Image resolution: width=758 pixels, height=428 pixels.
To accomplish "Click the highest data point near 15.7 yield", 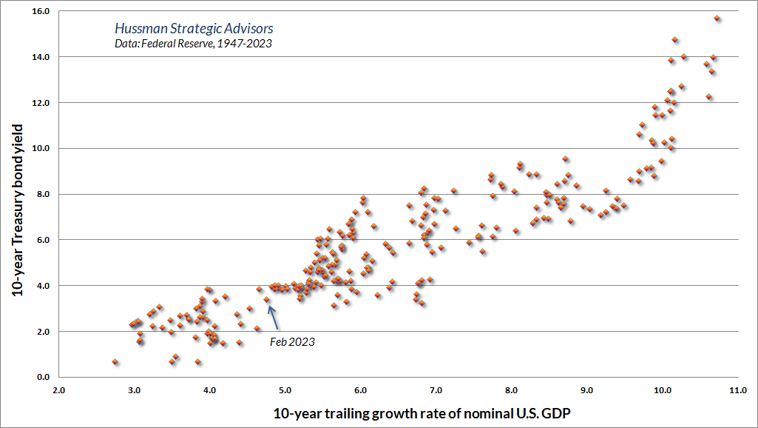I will click(x=717, y=19).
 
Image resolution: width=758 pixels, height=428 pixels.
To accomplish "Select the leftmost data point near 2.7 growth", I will click(x=115, y=361).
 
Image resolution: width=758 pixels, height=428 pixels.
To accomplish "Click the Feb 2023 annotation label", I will click(x=293, y=341).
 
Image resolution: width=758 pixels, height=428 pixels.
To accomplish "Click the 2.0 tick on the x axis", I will click(x=58, y=389).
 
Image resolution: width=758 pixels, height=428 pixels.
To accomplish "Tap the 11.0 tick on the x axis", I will click(x=737, y=389).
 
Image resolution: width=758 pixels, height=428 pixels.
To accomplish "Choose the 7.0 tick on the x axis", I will click(x=436, y=389).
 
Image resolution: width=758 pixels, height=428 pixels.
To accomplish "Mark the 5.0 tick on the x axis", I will click(x=285, y=389).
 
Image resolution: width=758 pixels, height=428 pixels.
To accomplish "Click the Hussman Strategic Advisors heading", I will click(x=194, y=29).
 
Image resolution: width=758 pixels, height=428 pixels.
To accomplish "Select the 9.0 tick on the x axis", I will click(x=586, y=389).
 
